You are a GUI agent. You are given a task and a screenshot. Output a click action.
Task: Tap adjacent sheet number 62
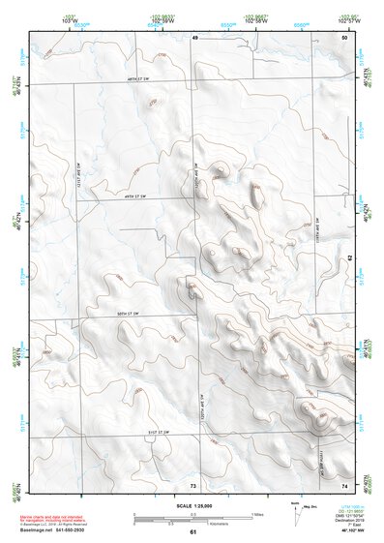pos(350,258)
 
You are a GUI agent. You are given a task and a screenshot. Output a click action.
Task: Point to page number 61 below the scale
pos(193,532)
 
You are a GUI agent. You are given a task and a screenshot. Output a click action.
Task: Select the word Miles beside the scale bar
pos(259,514)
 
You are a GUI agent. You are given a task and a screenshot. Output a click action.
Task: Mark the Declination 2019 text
pos(351,520)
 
